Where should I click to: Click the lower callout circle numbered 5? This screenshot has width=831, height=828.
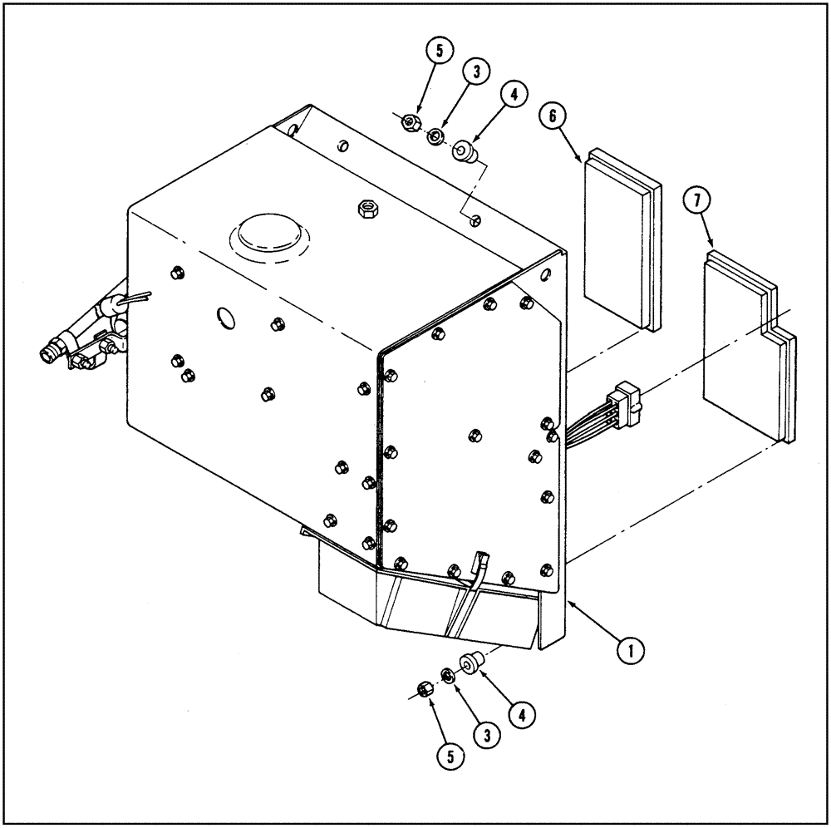pos(449,754)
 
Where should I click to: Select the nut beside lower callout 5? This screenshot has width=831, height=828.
pos(425,688)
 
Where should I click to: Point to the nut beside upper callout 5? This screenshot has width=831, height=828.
pos(409,123)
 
